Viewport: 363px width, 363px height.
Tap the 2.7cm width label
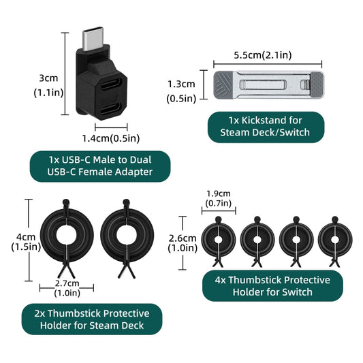point(67,287)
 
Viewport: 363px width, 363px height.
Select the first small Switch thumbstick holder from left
point(217,239)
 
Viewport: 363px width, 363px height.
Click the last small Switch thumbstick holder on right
point(335,239)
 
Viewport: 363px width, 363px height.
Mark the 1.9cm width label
point(217,198)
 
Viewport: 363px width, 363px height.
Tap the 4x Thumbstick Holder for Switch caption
point(272,286)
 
